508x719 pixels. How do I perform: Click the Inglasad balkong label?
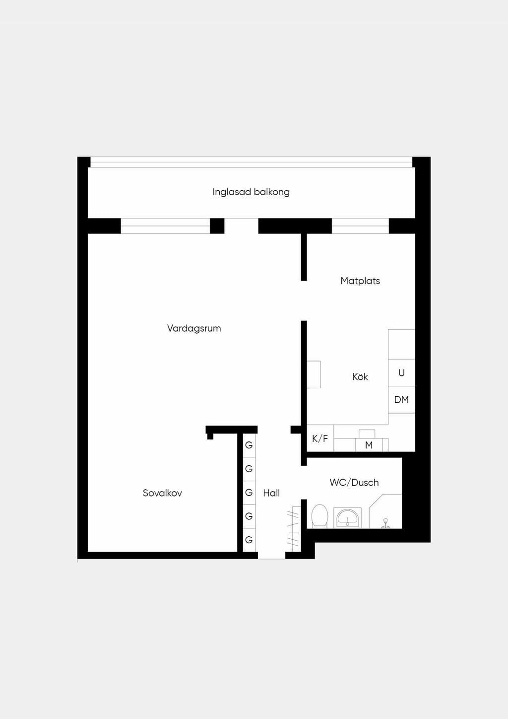tap(251, 192)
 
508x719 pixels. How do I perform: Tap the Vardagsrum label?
tap(194, 328)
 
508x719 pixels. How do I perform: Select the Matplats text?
tap(360, 281)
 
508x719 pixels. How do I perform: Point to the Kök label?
tap(360, 376)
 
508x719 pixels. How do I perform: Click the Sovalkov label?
tap(162, 493)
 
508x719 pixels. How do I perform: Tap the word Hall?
tap(271, 493)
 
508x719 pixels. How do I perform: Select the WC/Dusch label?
tap(354, 483)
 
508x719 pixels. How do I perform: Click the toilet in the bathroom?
tap(319, 516)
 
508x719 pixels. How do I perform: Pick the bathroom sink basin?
tap(347, 518)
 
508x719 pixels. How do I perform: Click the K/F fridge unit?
tap(320, 438)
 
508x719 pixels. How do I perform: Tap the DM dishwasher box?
tap(401, 400)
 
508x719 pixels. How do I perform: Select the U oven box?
tap(401, 373)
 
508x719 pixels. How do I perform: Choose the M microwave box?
tap(369, 445)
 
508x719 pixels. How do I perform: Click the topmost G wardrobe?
tap(249, 445)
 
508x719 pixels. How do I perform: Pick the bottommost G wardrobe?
tap(249, 540)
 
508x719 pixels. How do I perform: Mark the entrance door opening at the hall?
tap(272, 555)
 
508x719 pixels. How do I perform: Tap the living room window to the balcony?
tap(166, 226)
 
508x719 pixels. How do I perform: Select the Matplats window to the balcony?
tap(361, 226)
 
